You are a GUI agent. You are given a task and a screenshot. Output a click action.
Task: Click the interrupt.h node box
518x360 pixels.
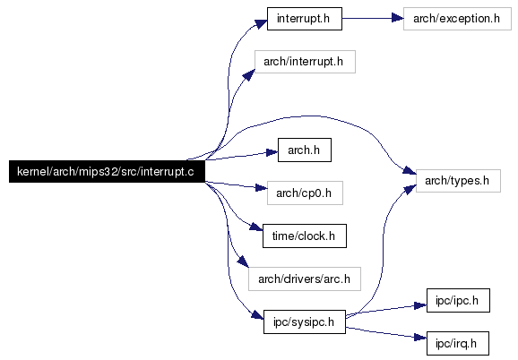pos(305,19)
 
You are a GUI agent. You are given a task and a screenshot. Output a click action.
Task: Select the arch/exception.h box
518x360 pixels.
pos(457,19)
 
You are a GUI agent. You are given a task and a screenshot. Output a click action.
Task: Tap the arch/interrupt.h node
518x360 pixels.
pos(305,62)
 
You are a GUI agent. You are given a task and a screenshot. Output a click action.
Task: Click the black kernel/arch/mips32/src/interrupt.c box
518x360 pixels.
pos(107,172)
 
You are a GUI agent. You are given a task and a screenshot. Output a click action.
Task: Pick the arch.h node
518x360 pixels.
pos(305,150)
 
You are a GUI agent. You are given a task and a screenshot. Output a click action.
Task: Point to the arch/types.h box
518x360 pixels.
pos(458,181)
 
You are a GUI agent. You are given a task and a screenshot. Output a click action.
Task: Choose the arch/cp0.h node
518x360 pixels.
pos(305,193)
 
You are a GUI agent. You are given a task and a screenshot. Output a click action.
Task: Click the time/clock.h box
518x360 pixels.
pos(305,236)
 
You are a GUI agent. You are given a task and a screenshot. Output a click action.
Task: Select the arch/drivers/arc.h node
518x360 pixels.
pos(305,279)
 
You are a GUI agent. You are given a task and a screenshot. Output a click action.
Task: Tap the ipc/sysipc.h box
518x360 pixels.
pos(305,321)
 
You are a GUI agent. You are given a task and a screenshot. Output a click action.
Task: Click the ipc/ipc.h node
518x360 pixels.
pos(458,301)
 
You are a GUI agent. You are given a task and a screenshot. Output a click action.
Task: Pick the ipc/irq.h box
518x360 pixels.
pos(458,344)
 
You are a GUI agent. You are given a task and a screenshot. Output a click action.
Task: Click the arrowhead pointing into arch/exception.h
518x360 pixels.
pos(397,18)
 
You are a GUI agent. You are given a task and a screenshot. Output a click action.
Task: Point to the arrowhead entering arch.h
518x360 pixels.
pos(272,152)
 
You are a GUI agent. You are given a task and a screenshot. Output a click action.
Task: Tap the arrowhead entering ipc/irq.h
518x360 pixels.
pos(420,337)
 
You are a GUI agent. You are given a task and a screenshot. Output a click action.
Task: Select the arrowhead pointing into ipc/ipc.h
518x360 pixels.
pos(420,305)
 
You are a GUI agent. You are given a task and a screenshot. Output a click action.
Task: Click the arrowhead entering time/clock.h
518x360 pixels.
pos(256,227)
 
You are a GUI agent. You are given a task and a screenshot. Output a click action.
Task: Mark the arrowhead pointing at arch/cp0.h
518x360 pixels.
pos(261,188)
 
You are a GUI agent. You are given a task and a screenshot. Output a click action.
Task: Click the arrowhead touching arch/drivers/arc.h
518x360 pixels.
pos(243,261)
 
